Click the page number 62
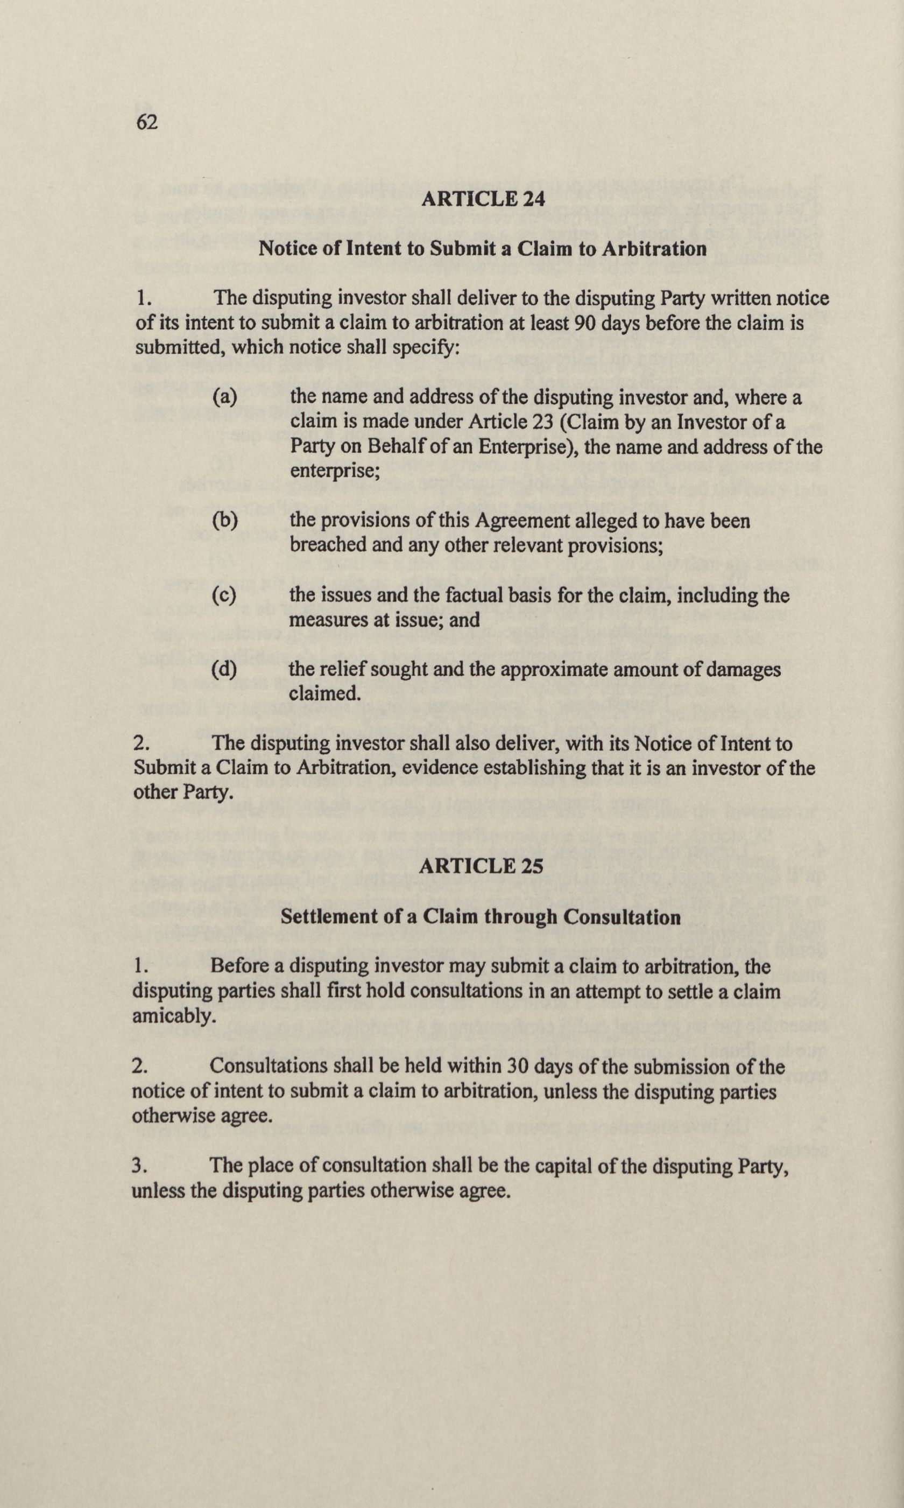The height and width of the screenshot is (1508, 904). [x=147, y=122]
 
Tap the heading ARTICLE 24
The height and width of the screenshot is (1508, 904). [x=483, y=199]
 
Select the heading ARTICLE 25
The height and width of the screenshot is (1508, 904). [x=481, y=866]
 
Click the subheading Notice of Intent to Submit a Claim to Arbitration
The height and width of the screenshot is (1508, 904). [x=483, y=249]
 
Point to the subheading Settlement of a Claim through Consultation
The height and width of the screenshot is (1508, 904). [x=480, y=916]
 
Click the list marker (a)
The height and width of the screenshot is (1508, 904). [x=224, y=397]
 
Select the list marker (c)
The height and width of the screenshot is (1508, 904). [x=223, y=595]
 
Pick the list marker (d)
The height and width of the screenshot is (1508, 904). [x=223, y=669]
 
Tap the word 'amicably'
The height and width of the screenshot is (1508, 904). [x=174, y=1016]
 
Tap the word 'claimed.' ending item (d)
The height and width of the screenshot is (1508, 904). [x=324, y=694]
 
